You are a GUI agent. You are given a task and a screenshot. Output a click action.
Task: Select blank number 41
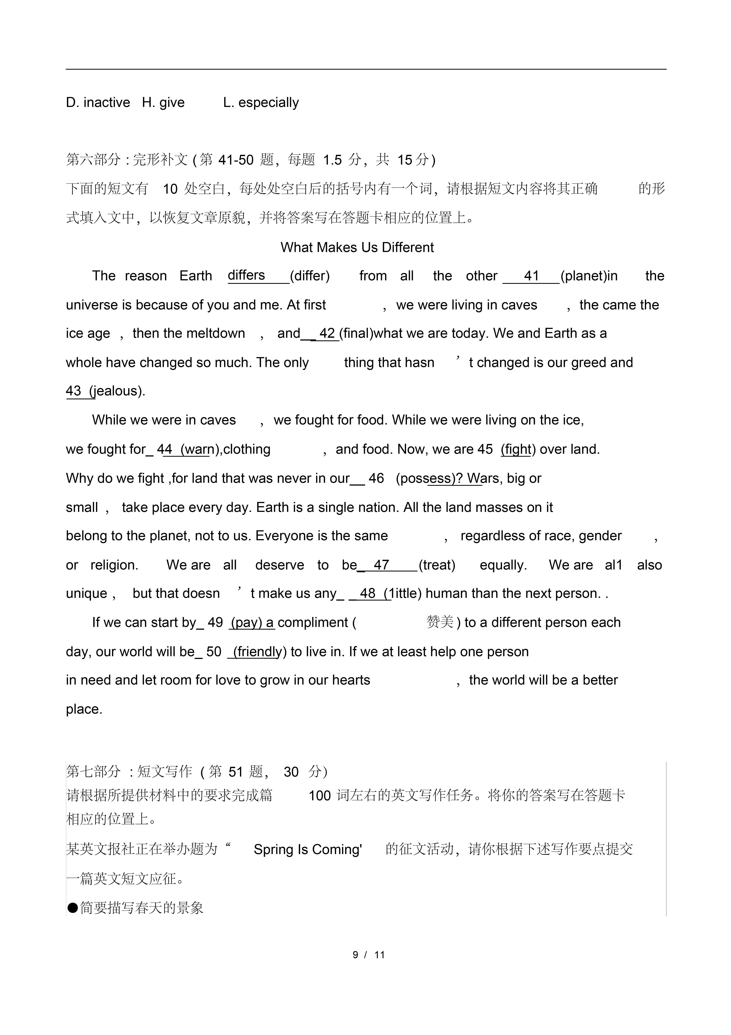(x=531, y=276)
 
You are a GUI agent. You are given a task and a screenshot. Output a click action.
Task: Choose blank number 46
(x=376, y=478)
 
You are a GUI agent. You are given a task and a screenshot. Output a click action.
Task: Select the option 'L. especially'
(x=261, y=103)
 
